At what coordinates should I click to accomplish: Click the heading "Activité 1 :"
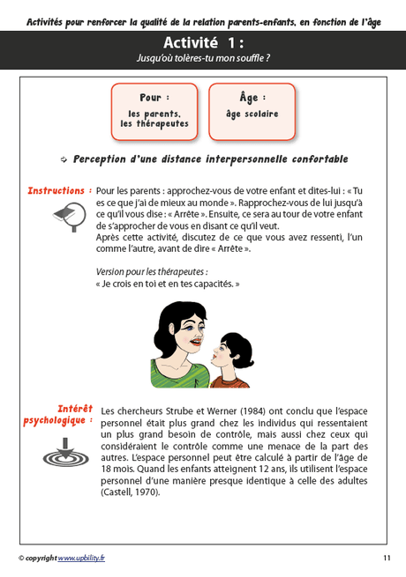pyautogui.click(x=202, y=43)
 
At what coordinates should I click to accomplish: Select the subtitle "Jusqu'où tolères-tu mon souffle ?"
pyautogui.click(x=202, y=58)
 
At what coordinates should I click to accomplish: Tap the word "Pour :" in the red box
pyautogui.click(x=154, y=98)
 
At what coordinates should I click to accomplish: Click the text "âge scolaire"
pyautogui.click(x=252, y=114)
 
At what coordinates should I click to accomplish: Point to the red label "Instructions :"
pyautogui.click(x=59, y=190)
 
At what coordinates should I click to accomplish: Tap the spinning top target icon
pyautogui.click(x=66, y=455)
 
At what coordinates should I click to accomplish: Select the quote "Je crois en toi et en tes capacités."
pyautogui.click(x=168, y=285)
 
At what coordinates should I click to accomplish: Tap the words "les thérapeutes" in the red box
pyautogui.click(x=154, y=123)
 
